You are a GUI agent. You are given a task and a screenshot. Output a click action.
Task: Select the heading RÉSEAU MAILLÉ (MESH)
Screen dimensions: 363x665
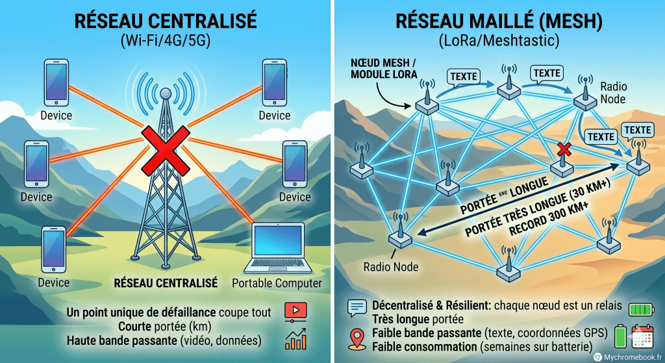[498, 21]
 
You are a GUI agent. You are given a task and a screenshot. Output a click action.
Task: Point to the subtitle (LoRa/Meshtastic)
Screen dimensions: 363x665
[498, 42]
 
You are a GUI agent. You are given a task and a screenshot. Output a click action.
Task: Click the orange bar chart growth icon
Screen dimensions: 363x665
[295, 339]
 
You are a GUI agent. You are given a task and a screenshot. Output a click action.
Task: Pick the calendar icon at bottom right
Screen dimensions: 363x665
[642, 338]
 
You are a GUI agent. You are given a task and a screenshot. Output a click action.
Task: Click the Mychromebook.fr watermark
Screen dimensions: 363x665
[627, 356]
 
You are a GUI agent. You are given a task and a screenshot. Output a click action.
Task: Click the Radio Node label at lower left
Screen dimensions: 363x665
[391, 266]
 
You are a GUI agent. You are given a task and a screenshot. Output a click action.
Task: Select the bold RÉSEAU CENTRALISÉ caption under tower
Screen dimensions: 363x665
[166, 283]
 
